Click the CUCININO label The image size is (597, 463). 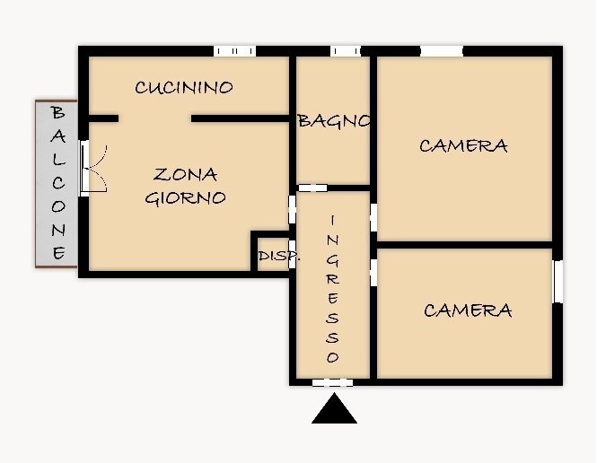pos(184,87)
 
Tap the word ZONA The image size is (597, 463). pos(185,174)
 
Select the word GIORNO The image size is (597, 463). pos(185,198)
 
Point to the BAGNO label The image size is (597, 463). pos(334,121)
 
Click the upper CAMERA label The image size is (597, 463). pos(463,145)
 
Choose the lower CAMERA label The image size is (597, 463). pos(468,310)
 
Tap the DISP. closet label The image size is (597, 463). pos(278,257)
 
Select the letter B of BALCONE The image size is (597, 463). pos(58,113)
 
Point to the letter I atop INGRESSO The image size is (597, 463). pos(332,220)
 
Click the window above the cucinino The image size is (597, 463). pos(234,51)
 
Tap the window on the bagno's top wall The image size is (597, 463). pos(345,51)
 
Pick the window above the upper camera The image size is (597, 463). pos(442,51)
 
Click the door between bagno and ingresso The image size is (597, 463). pos(312,188)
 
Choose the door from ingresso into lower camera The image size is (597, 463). pos(373,272)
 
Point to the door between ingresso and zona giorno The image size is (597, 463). pos(292,210)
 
